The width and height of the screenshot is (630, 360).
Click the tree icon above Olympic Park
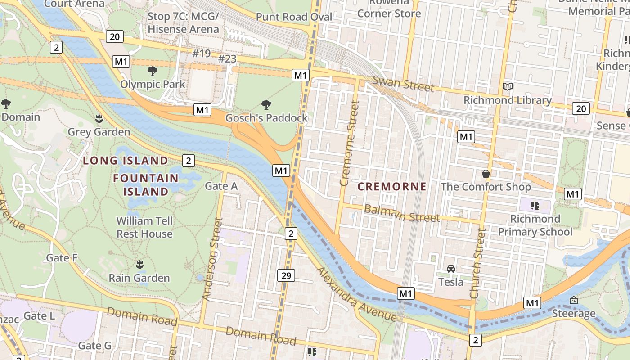[x=153, y=71]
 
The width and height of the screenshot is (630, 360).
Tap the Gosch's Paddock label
[x=266, y=118]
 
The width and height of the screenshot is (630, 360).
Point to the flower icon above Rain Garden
[x=139, y=265]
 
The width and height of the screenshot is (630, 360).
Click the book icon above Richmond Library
[x=508, y=87]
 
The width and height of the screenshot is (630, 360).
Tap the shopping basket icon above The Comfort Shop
[x=486, y=174]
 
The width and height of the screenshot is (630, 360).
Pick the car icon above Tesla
[x=450, y=269]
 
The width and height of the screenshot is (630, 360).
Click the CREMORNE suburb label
[x=391, y=186]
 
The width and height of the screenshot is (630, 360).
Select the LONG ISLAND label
[x=126, y=161]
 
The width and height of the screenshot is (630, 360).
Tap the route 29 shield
[x=286, y=275]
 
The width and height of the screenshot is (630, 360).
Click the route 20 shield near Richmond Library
[x=581, y=108]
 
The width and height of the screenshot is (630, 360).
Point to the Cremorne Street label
[x=350, y=143]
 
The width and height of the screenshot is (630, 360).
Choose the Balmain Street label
[x=401, y=213]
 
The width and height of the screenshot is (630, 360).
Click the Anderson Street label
[x=212, y=259]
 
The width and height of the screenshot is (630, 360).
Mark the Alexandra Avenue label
[x=356, y=295]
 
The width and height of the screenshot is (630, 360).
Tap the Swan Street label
[x=403, y=84]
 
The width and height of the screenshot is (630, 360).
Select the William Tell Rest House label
[x=144, y=227]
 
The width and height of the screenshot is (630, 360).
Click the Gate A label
[x=221, y=186]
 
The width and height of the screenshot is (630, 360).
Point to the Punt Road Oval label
[x=294, y=17]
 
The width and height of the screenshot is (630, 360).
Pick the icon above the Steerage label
[x=573, y=300]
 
